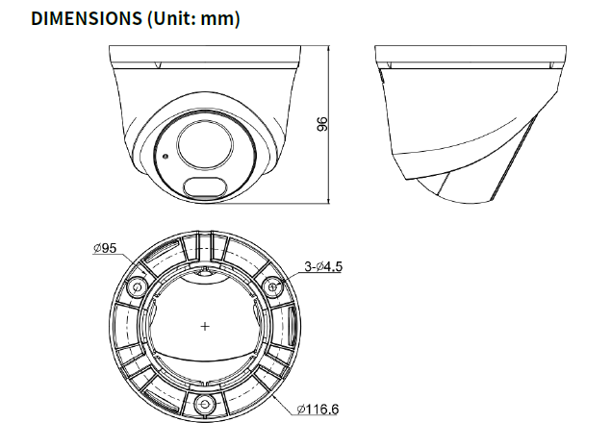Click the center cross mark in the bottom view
(205, 327)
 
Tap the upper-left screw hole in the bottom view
(138, 287)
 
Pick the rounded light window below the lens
(203, 186)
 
